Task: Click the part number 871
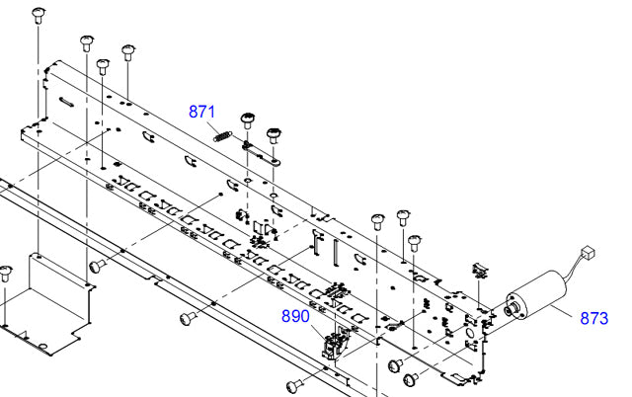coord(202,112)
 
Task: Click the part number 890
coord(295,316)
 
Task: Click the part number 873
coord(594,318)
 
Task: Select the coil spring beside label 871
coord(228,130)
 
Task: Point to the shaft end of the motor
coord(508,308)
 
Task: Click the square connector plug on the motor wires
coord(591,254)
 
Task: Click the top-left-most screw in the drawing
coord(39,14)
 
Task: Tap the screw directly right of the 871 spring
coord(248,122)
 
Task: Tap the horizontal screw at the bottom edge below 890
coord(293,384)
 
